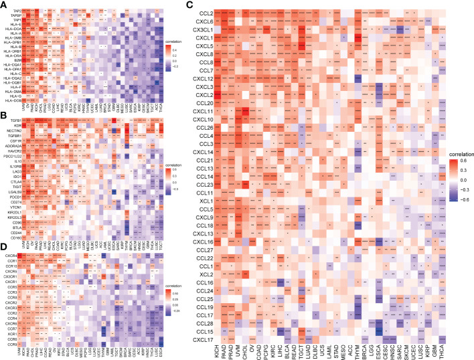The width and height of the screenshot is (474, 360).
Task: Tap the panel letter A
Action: click(5, 5)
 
